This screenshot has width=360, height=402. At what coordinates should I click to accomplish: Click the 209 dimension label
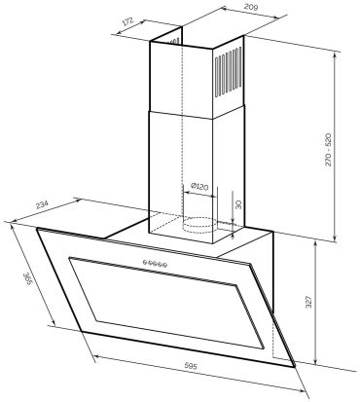point(251,8)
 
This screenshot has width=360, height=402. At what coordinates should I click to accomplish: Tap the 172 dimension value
point(127,22)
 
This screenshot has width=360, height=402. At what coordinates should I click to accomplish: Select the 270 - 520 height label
point(328,149)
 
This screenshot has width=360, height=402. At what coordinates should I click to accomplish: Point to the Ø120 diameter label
point(199,187)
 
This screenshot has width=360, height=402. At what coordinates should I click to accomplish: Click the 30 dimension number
point(238,204)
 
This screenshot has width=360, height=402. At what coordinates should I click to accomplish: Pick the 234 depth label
point(42,205)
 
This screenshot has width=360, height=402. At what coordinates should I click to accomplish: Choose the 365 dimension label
point(28,279)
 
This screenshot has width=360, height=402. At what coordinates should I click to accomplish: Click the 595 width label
point(191,367)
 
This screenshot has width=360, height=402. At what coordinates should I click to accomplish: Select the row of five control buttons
point(155,264)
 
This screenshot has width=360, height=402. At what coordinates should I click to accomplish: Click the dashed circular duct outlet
point(198,225)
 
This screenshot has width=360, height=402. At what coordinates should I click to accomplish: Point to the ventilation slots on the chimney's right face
point(229,73)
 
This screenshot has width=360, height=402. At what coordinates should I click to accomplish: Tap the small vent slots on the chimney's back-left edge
point(174,41)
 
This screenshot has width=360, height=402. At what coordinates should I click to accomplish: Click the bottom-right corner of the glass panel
point(295,367)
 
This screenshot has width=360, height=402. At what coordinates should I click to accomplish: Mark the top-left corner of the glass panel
point(37,229)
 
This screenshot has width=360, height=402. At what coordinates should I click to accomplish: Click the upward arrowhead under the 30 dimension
point(233,236)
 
